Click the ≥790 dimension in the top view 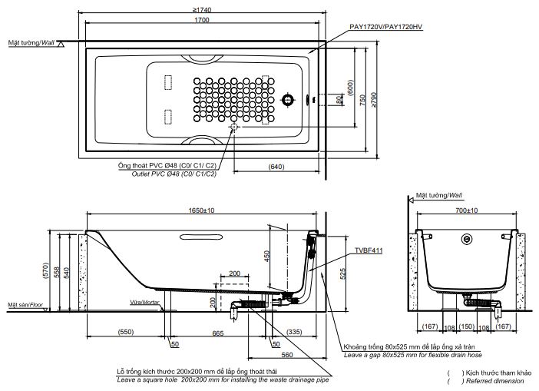click(374, 100)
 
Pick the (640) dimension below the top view click(277, 167)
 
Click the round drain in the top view click(289, 100)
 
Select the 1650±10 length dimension click(202, 210)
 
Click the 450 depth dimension click(268, 257)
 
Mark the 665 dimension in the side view click(218, 333)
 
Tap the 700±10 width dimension click(466, 210)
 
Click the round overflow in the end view click(466, 239)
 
